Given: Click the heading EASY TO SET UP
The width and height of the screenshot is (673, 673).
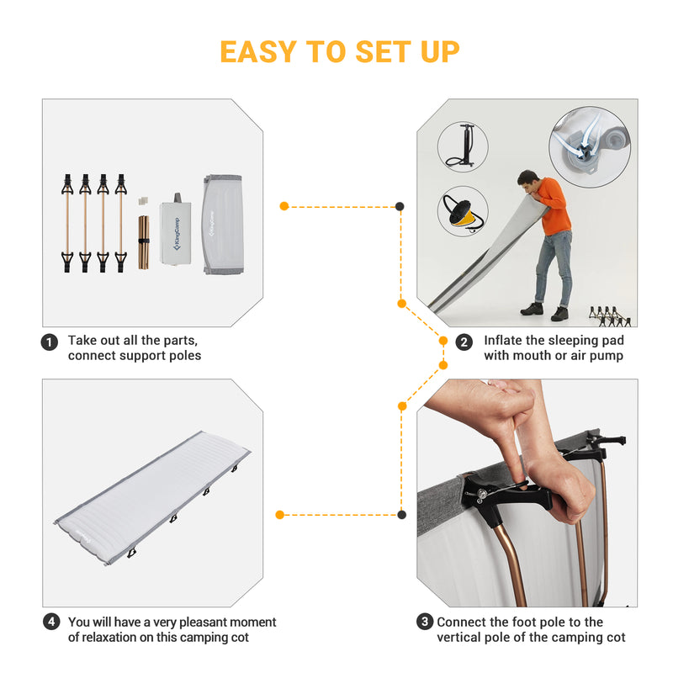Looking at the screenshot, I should (339, 51).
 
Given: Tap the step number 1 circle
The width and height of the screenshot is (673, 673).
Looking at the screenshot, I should (50, 342).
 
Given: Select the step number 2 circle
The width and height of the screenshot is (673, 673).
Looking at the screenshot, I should (464, 342).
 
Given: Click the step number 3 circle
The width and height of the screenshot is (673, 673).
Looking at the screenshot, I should (425, 623).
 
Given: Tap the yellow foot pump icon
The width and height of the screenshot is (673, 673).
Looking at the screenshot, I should (462, 212).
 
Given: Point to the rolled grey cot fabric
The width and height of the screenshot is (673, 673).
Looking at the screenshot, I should (221, 224).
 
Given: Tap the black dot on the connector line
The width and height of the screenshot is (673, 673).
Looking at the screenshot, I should (400, 206).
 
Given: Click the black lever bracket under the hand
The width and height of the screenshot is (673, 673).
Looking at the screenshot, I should (505, 496).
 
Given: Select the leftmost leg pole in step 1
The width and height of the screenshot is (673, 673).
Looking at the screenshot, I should (66, 223).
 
